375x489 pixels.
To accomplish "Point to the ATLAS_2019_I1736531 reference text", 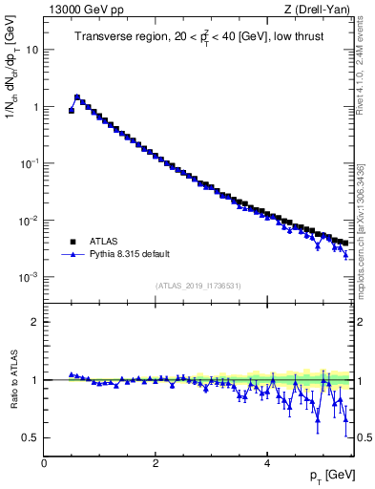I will tap(198, 286).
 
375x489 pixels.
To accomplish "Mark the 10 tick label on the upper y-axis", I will tap(32, 50).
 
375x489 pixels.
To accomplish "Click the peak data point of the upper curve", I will tap(77, 96).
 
